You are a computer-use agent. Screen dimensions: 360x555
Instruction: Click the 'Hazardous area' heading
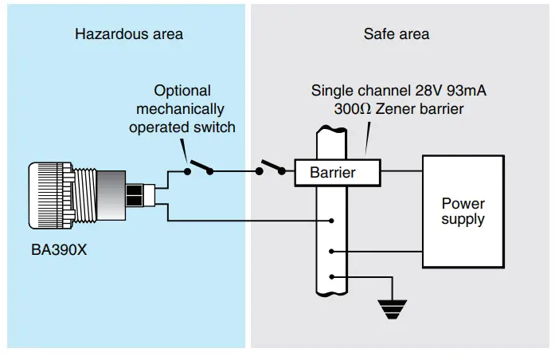click(x=128, y=34)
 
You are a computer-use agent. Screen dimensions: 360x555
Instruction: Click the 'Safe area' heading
click(x=396, y=34)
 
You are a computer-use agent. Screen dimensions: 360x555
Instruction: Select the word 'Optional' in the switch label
click(x=182, y=91)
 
